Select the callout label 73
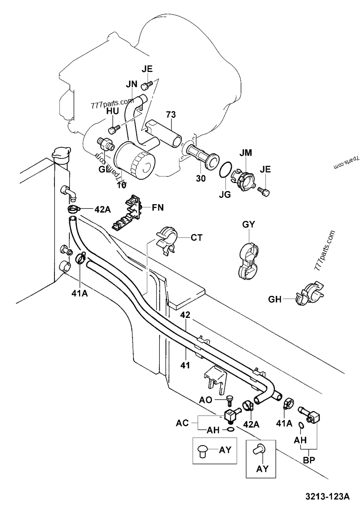pyautogui.click(x=170, y=115)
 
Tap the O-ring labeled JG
pyautogui.click(x=225, y=171)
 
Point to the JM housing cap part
pyautogui.click(x=243, y=178)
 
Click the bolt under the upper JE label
pyautogui.click(x=146, y=85)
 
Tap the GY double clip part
pyautogui.click(x=248, y=259)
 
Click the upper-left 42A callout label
pyautogui.click(x=102, y=209)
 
